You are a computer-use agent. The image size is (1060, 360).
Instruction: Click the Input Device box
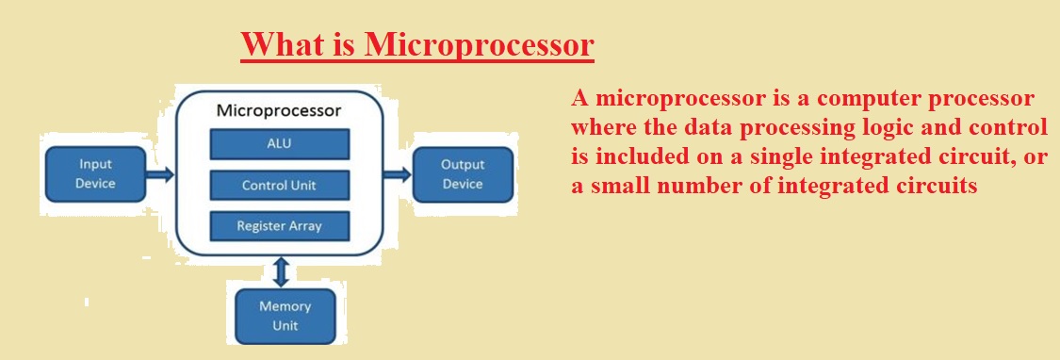coord(95,174)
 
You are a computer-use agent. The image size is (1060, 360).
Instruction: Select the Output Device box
coord(463,174)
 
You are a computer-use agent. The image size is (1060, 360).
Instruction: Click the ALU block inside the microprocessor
coord(279,144)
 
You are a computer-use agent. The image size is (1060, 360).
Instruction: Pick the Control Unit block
coord(279,186)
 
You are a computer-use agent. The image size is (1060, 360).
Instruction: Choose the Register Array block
coord(279,226)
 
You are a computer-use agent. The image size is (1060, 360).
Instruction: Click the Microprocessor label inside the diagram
coord(279,111)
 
